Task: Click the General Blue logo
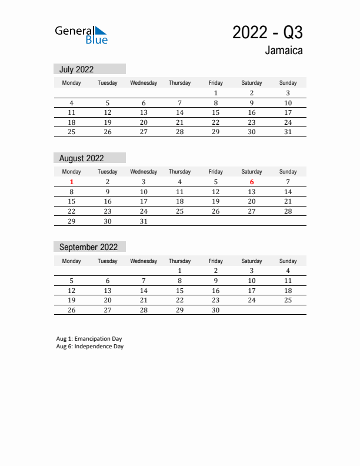[x=81, y=35]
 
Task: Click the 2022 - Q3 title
[x=268, y=32]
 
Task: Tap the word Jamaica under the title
[x=284, y=51]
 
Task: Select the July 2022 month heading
[x=76, y=69]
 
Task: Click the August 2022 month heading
[x=82, y=158]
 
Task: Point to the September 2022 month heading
[x=88, y=247]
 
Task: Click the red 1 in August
[x=72, y=182]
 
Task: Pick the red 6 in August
[x=252, y=182]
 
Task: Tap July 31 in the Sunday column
[x=288, y=132]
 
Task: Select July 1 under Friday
[x=216, y=93]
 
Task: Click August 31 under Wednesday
[x=144, y=221]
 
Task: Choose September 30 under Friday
[x=216, y=310]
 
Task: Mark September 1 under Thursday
[x=179, y=271]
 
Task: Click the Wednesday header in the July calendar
[x=144, y=83]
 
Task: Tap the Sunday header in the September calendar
[x=288, y=261]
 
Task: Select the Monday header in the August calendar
[x=72, y=172]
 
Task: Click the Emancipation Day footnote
[x=89, y=339]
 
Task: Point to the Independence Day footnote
[x=90, y=347]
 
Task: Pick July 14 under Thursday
[x=179, y=112]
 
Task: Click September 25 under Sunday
[x=288, y=300]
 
